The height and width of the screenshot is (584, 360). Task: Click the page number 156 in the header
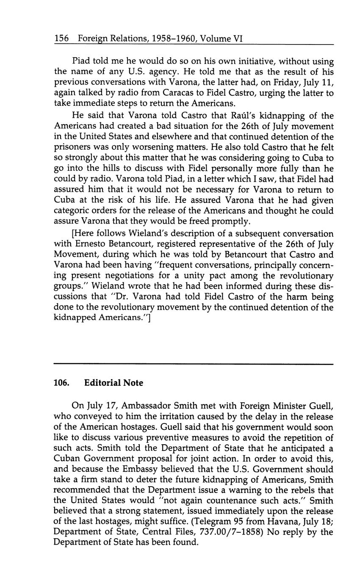(x=61, y=39)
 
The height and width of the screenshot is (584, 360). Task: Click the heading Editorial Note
(x=114, y=383)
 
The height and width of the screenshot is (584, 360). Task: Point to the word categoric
(x=74, y=211)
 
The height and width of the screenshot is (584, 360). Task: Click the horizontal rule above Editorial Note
(x=194, y=364)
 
